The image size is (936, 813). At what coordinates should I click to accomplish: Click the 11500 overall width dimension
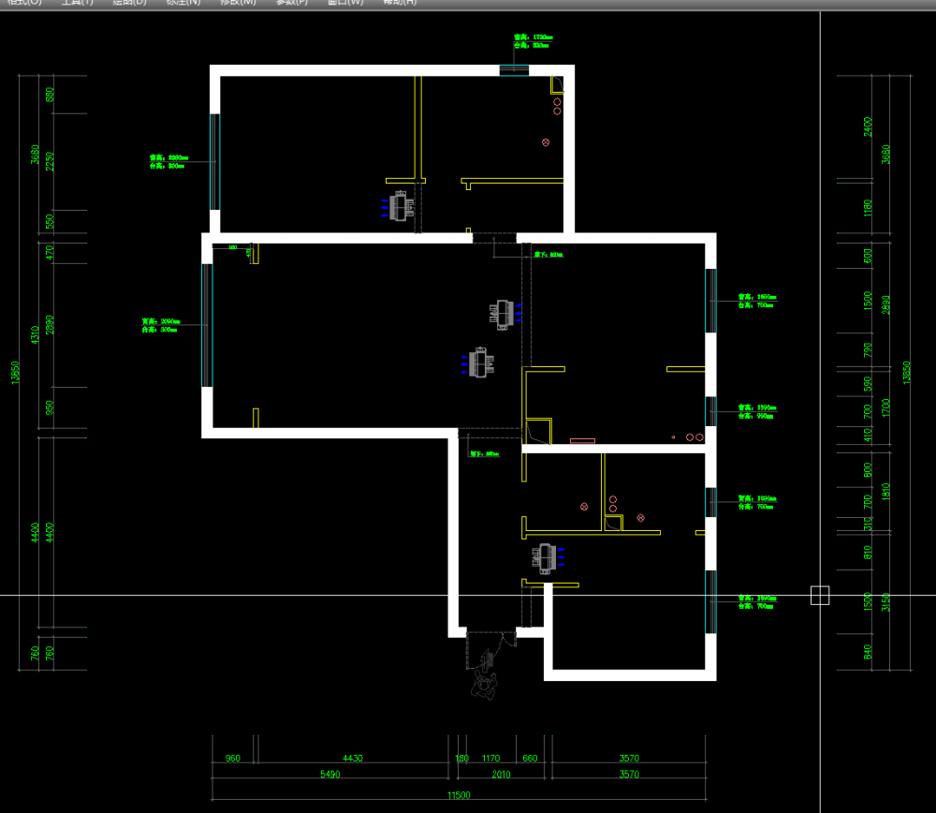(x=458, y=795)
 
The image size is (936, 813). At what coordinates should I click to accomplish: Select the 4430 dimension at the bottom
(x=352, y=759)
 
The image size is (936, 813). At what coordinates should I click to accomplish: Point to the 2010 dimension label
(x=501, y=775)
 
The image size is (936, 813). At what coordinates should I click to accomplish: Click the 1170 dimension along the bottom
(x=490, y=759)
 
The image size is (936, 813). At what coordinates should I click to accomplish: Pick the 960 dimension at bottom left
(x=233, y=759)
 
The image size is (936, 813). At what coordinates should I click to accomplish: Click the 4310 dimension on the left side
(x=36, y=335)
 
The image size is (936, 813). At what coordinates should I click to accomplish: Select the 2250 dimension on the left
(x=51, y=161)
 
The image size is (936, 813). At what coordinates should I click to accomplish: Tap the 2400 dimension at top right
(x=868, y=126)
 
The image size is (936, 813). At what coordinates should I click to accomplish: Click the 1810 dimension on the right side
(x=886, y=491)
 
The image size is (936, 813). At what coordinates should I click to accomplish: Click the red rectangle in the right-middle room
(x=582, y=440)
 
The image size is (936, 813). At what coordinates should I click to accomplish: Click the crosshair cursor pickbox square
(x=820, y=595)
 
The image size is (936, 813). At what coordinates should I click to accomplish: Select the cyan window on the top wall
(x=514, y=69)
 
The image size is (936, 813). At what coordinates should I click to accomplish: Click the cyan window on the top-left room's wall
(x=214, y=161)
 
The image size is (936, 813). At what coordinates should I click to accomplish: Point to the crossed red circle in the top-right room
(x=546, y=142)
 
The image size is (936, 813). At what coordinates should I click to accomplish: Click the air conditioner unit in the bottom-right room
(x=545, y=557)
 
